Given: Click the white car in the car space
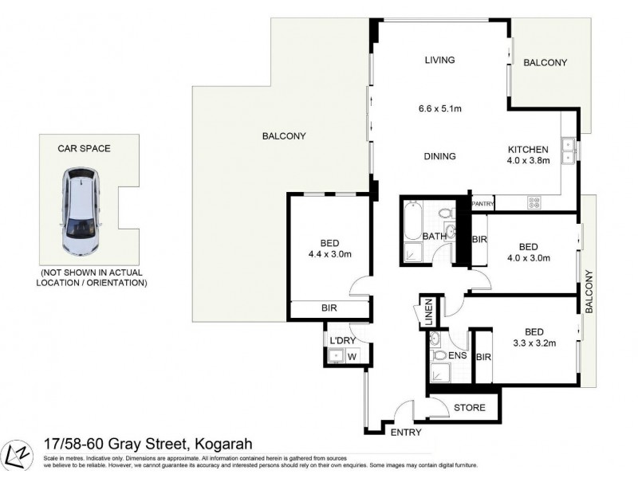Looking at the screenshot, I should click(x=81, y=210).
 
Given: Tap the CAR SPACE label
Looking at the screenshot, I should click(x=84, y=148).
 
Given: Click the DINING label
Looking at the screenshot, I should click(x=439, y=156).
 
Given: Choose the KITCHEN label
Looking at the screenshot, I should click(x=529, y=149).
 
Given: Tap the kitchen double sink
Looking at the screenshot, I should click(x=569, y=151).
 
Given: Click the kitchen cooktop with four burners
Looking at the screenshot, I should click(x=534, y=203).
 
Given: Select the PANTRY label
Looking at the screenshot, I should click(x=483, y=203).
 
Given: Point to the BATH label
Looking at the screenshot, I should click(x=434, y=236).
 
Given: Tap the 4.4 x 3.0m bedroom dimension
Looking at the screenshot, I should click(x=325, y=254).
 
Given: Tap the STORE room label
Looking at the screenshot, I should click(x=469, y=408).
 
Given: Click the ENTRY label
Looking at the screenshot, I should click(x=406, y=433).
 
